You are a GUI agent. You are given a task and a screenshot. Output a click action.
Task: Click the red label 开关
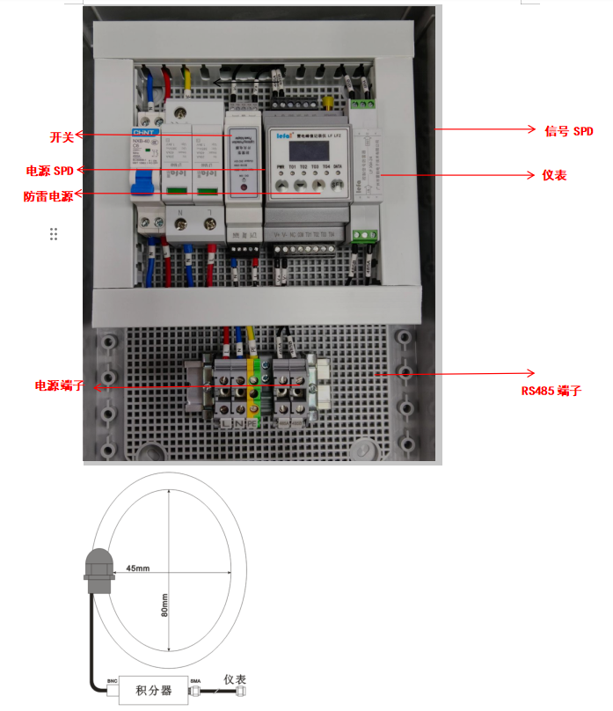62,136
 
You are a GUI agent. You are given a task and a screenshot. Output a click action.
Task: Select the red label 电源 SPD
51,170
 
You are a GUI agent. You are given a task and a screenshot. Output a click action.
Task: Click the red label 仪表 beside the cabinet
554,175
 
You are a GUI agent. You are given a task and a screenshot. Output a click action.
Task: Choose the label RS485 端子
551,390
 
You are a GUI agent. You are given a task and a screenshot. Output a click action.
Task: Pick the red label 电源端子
60,385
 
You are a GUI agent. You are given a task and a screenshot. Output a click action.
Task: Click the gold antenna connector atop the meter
327,103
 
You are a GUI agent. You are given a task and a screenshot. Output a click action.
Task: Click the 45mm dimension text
137,568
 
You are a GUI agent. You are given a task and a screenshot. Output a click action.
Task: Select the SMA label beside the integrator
195,680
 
